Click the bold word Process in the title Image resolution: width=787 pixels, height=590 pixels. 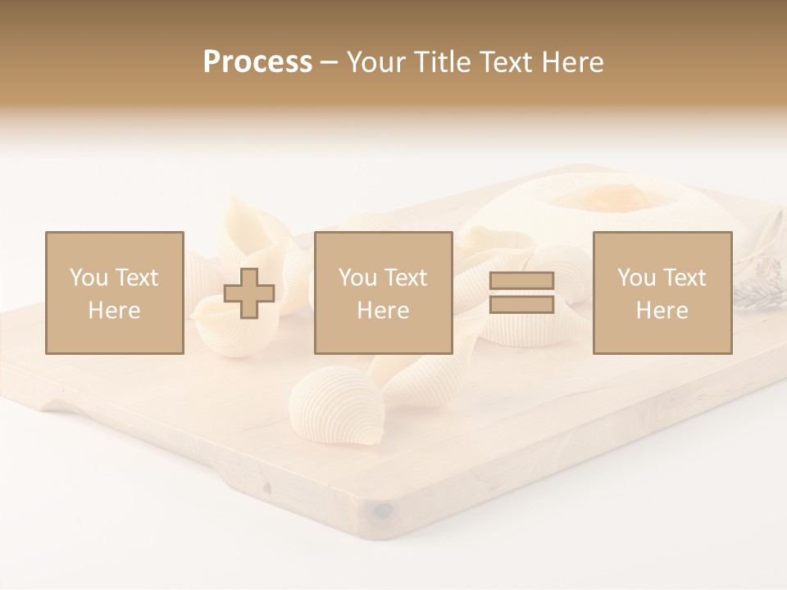(257, 62)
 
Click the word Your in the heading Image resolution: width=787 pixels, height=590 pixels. (375, 62)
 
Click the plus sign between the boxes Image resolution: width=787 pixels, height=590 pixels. (249, 293)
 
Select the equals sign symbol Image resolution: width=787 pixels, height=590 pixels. (521, 293)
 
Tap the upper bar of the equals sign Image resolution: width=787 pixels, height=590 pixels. (521, 281)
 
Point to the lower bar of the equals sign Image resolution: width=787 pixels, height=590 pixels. (521, 304)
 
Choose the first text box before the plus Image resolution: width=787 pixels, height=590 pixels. (114, 293)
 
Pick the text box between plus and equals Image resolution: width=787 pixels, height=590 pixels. (383, 293)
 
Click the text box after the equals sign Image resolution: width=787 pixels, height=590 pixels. (662, 293)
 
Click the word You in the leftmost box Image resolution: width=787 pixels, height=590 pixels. (87, 278)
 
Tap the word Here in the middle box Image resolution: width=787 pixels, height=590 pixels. (383, 311)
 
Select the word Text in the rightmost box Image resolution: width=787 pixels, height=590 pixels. (685, 278)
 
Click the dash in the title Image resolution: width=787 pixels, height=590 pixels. (329, 63)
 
